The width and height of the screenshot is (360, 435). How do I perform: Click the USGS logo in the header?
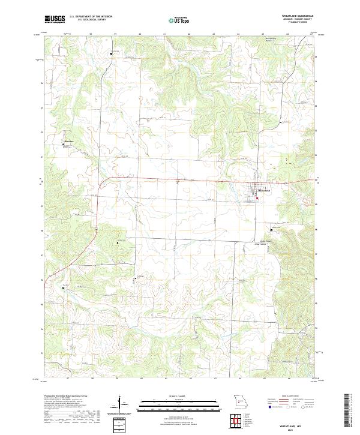55,19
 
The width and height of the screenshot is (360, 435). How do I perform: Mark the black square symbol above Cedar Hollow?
271,230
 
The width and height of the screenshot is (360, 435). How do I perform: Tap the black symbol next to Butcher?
65,145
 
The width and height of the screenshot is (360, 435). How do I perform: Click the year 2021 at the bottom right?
299,428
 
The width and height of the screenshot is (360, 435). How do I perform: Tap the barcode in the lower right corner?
349,411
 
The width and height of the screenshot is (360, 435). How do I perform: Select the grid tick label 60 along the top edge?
139,34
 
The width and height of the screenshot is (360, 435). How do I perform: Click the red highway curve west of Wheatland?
102,179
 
